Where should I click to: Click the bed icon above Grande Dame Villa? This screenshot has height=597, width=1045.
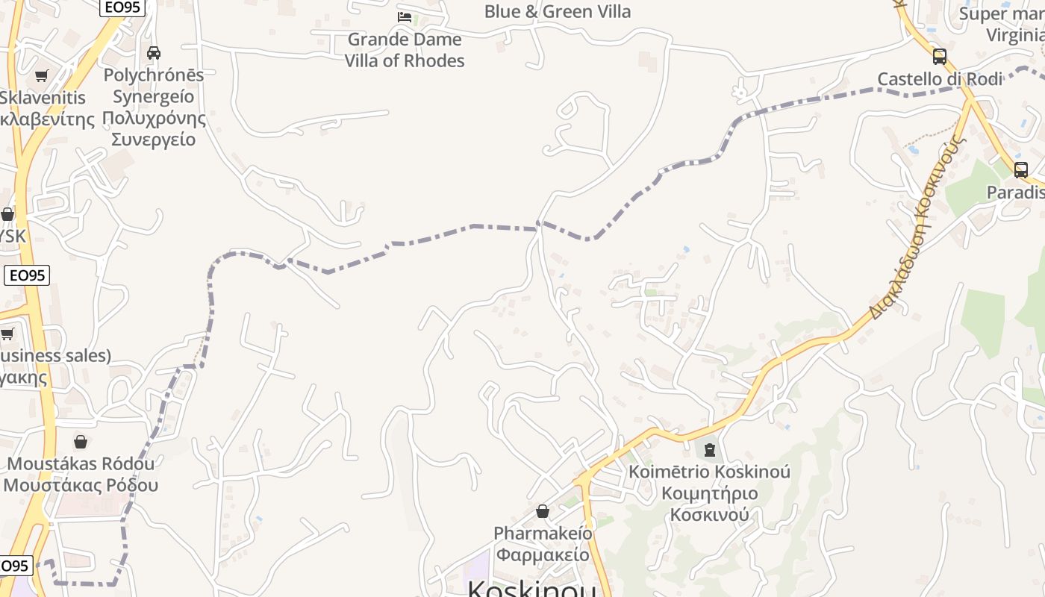click(405, 16)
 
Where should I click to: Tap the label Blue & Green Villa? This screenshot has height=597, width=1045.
click(557, 11)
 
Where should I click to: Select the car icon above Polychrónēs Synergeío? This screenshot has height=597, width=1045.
click(154, 53)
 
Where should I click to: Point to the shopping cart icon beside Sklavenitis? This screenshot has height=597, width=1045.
click(42, 75)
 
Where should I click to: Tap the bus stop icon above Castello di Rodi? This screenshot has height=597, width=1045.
click(940, 56)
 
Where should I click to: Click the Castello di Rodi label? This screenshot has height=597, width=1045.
click(939, 79)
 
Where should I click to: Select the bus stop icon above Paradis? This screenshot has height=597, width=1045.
click(1021, 169)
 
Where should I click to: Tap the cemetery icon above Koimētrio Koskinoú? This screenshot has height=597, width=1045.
click(709, 449)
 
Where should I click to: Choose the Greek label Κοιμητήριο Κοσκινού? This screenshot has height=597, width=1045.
click(709, 504)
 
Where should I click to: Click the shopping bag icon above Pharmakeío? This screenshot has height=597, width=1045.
click(543, 511)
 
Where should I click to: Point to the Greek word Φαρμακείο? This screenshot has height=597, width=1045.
click(543, 554)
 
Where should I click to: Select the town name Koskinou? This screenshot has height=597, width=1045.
click(531, 589)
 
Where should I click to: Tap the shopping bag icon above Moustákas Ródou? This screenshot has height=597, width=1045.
click(81, 442)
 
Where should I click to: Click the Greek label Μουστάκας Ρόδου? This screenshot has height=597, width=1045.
click(81, 485)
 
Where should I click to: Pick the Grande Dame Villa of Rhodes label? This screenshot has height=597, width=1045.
click(405, 50)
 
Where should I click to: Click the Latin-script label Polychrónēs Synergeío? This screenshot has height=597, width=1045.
click(154, 85)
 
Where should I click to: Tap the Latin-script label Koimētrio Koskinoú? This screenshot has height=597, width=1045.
click(709, 472)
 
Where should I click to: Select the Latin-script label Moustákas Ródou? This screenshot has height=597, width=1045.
click(81, 463)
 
